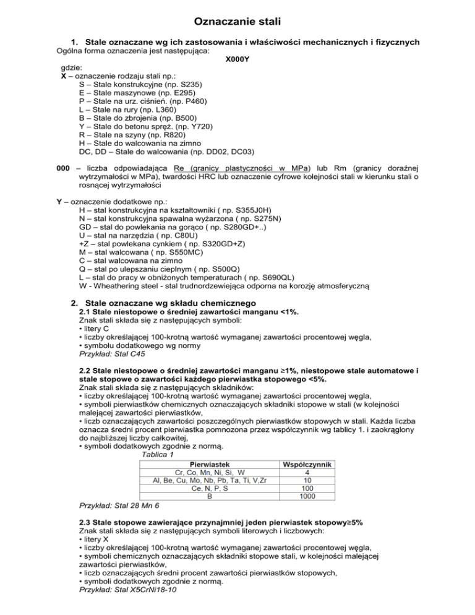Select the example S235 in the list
pyautogui.click(x=186, y=84)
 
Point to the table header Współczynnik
pyautogui.click(x=308, y=464)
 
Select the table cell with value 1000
pyautogui.click(x=308, y=496)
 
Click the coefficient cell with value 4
pyautogui.click(x=308, y=472)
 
